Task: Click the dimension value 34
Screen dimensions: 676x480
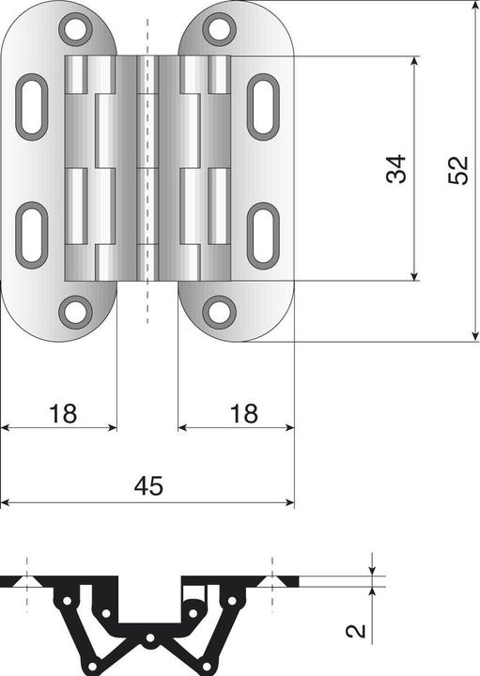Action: [x=396, y=168]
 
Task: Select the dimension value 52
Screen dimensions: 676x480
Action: [x=457, y=169]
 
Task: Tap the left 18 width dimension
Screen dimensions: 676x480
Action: [x=62, y=413]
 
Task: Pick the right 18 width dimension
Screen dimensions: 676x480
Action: [x=243, y=413]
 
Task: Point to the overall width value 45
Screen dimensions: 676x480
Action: [x=148, y=485]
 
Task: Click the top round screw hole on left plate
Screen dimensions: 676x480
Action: [x=75, y=29]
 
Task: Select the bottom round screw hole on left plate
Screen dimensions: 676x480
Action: [x=75, y=311]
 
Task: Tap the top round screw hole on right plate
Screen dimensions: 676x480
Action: [x=219, y=29]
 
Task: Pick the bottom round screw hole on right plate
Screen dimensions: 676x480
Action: [x=219, y=311]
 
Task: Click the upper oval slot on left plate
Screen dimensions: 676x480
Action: [x=33, y=106]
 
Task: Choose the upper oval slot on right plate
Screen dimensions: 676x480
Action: [x=262, y=106]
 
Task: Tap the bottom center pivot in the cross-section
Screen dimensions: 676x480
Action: [x=150, y=642]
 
